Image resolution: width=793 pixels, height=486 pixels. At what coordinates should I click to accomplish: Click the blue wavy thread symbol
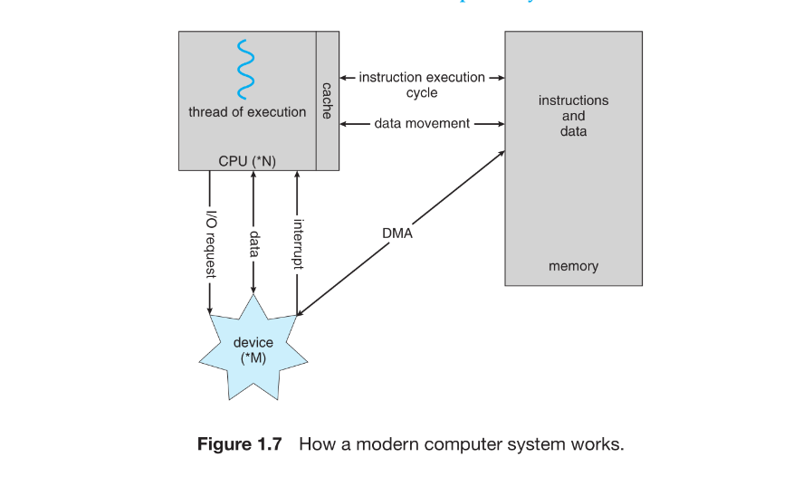pos(242,69)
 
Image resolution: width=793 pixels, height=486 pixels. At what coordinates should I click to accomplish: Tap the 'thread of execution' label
pos(247,112)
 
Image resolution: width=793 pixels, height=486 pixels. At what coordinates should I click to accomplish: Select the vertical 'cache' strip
pos(327,100)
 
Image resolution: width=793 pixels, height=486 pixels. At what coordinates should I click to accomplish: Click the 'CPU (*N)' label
pos(247,161)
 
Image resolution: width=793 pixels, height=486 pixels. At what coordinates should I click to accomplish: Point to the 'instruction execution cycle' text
pos(422,85)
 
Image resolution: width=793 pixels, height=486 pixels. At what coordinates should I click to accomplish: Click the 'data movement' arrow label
pos(422,123)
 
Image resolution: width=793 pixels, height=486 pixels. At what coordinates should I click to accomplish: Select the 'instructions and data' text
pos(573,116)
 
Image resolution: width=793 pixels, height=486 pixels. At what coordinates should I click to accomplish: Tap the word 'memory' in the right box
pos(573,266)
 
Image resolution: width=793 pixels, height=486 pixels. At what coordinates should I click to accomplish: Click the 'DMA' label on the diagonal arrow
pos(397,234)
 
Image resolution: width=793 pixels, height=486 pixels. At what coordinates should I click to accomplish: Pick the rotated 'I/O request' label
pos(210,238)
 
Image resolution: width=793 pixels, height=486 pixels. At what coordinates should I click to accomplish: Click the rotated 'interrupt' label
pos(297,243)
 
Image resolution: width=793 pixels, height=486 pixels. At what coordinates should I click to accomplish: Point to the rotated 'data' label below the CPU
pos(253,243)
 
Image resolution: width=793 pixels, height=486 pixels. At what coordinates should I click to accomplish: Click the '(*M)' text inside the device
pos(253,358)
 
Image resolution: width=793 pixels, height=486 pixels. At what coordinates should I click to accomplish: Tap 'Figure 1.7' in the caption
pos(240,444)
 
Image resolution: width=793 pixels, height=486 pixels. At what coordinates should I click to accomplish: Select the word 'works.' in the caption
pos(597,444)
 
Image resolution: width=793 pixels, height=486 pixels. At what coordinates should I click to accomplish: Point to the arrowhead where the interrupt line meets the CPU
pos(297,175)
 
